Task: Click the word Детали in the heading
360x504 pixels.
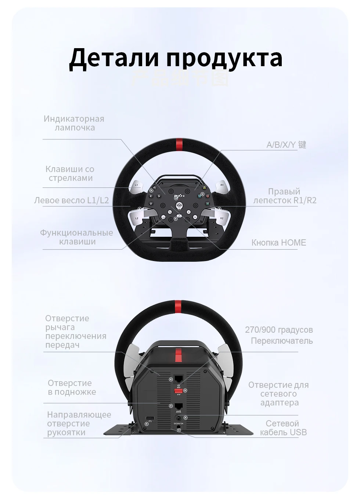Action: coord(114,57)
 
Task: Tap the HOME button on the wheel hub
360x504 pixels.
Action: coord(179,206)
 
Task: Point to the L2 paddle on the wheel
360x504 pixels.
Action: coord(137,217)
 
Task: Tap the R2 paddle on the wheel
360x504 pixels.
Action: coord(221,217)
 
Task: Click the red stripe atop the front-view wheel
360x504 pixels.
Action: coord(179,143)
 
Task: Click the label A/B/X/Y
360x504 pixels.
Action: coord(281,145)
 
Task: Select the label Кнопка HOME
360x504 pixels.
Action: coord(278,243)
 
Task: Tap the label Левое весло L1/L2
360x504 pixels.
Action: coord(72,200)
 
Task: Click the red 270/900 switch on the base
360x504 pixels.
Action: coord(179,391)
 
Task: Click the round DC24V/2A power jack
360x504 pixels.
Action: coord(179,418)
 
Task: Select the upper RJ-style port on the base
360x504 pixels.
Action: coord(179,379)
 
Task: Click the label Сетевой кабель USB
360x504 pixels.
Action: coord(283,428)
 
